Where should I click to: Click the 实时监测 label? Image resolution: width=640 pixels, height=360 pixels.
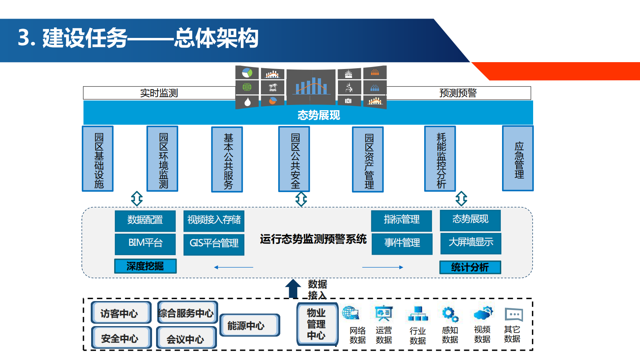pyautogui.click(x=159, y=93)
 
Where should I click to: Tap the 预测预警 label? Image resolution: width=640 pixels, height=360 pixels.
pyautogui.click(x=458, y=93)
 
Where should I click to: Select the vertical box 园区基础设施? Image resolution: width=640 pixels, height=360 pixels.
pyautogui.click(x=98, y=159)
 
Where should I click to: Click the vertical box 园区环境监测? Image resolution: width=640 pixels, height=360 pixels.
pyautogui.click(x=163, y=159)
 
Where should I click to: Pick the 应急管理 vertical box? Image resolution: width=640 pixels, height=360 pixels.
pyautogui.click(x=518, y=159)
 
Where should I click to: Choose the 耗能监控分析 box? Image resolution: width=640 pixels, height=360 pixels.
pyautogui.click(x=440, y=159)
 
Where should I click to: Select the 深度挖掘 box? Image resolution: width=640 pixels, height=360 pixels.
pyautogui.click(x=145, y=266)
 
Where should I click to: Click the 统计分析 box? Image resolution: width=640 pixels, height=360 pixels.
pyautogui.click(x=470, y=267)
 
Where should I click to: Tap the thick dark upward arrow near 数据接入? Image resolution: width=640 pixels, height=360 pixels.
pyautogui.click(x=293, y=289)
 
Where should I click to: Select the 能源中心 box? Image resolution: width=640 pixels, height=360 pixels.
pyautogui.click(x=250, y=325)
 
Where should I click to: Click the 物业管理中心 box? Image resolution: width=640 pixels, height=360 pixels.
pyautogui.click(x=317, y=324)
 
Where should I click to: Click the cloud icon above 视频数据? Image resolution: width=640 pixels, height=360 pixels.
pyautogui.click(x=483, y=313)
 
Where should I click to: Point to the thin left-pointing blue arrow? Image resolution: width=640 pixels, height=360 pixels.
pyautogui.click(x=233, y=267)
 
